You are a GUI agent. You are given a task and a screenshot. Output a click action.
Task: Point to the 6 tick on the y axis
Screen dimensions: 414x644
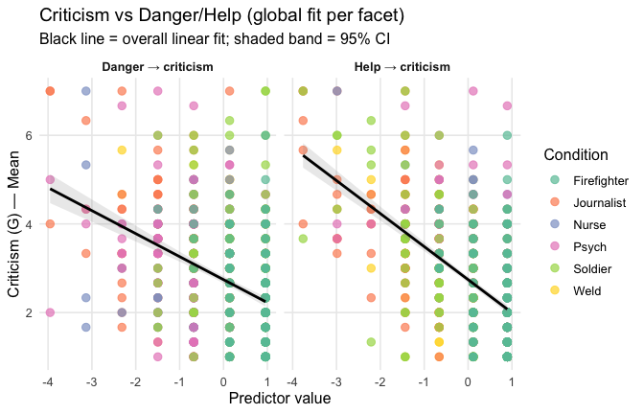32,136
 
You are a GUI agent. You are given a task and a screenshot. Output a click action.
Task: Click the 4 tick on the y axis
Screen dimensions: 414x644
32,224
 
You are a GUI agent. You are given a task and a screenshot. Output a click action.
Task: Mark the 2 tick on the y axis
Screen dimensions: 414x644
32,312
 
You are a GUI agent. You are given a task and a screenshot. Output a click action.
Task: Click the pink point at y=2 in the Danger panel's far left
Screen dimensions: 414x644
50,312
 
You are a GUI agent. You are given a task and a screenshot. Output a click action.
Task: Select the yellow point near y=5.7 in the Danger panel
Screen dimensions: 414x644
122,150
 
